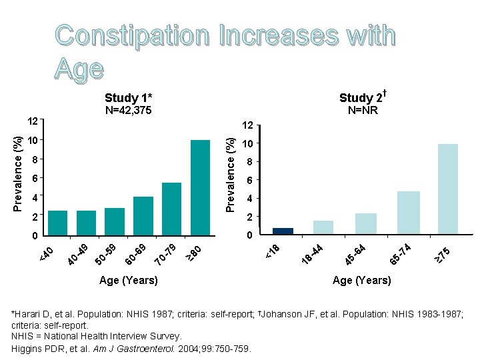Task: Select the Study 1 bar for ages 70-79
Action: tap(171, 209)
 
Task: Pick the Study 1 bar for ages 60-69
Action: tap(143, 215)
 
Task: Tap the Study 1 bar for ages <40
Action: tap(58, 223)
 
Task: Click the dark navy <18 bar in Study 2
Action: tap(283, 231)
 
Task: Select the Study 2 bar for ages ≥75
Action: tap(448, 189)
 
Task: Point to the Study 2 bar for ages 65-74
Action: tap(408, 213)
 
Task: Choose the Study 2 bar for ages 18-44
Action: tap(323, 227)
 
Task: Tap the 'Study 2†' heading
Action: tap(364, 99)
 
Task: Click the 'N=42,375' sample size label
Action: tap(129, 111)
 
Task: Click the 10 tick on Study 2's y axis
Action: tap(247, 145)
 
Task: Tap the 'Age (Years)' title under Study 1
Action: tap(128, 281)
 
